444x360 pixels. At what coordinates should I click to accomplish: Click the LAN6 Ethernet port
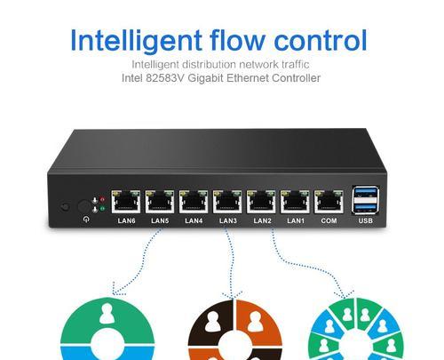pyautogui.click(x=126, y=202)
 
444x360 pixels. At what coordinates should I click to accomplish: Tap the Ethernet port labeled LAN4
pyautogui.click(x=194, y=202)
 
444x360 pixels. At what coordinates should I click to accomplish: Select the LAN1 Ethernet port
pyautogui.click(x=295, y=202)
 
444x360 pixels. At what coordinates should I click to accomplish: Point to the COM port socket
pyautogui.click(x=329, y=202)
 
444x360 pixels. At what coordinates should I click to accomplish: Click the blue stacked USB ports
pyautogui.click(x=365, y=200)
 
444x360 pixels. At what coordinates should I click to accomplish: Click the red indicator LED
pyautogui.click(x=103, y=199)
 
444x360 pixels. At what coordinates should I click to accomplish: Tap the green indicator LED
pyautogui.click(x=102, y=209)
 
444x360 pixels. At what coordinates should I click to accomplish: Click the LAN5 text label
pyautogui.click(x=160, y=220)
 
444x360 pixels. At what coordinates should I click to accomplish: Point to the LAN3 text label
pyautogui.click(x=228, y=220)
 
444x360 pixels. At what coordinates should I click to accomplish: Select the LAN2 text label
pyautogui.click(x=262, y=220)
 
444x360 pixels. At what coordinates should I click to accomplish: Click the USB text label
pyautogui.click(x=366, y=220)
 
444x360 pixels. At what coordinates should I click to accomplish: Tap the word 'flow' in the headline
pyautogui.click(x=236, y=40)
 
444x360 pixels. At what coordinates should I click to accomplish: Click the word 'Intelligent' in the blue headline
pyautogui.click(x=136, y=42)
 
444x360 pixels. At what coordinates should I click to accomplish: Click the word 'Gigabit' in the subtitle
pyautogui.click(x=206, y=78)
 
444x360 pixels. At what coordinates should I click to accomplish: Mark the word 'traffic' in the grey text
pyautogui.click(x=296, y=64)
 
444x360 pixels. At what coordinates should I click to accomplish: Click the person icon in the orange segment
pyautogui.click(x=255, y=322)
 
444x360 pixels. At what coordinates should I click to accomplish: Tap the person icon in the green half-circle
pyautogui.click(x=107, y=314)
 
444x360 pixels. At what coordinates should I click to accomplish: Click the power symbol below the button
pyautogui.click(x=86, y=220)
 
